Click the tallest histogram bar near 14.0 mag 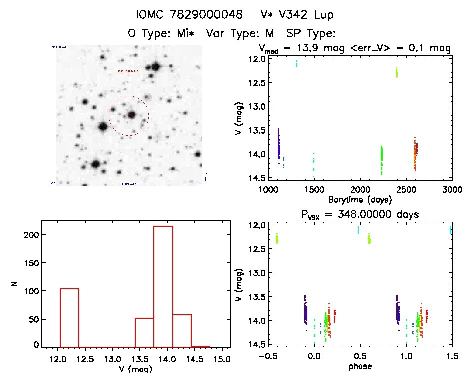[x=163, y=285]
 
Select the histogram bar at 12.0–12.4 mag [x=69, y=317]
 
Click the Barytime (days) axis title [x=360, y=200]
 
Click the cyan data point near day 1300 [x=297, y=63]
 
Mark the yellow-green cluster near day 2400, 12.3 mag [x=396, y=72]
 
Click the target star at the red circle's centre [x=131, y=115]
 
